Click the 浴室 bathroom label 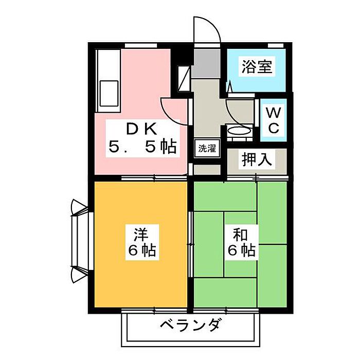coord(257,67)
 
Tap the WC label coord(274,120)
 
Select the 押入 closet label coord(257,159)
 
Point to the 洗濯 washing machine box coord(207,149)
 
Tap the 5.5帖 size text coord(142,148)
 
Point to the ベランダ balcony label coord(191,326)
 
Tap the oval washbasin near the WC coord(239,132)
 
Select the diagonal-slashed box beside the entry coord(183,78)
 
